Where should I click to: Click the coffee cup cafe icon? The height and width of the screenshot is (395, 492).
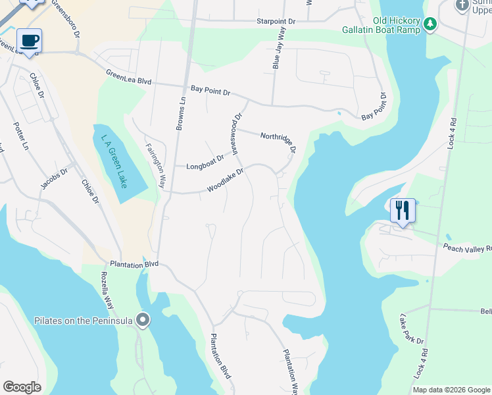pos(29,41)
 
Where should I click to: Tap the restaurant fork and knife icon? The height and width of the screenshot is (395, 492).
pos(403,210)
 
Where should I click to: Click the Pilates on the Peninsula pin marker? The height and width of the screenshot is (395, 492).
pos(144,321)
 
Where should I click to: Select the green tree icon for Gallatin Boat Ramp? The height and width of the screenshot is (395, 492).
pos(430,24)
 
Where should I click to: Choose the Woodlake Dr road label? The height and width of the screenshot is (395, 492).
pos(226,180)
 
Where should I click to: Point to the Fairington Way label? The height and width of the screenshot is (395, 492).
pos(155,166)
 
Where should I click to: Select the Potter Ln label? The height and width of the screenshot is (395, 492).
pos(22,136)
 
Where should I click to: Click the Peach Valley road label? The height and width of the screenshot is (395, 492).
pos(467,248)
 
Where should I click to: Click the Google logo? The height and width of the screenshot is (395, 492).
pos(22,387)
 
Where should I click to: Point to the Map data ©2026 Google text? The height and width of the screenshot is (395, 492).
pos(451,390)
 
